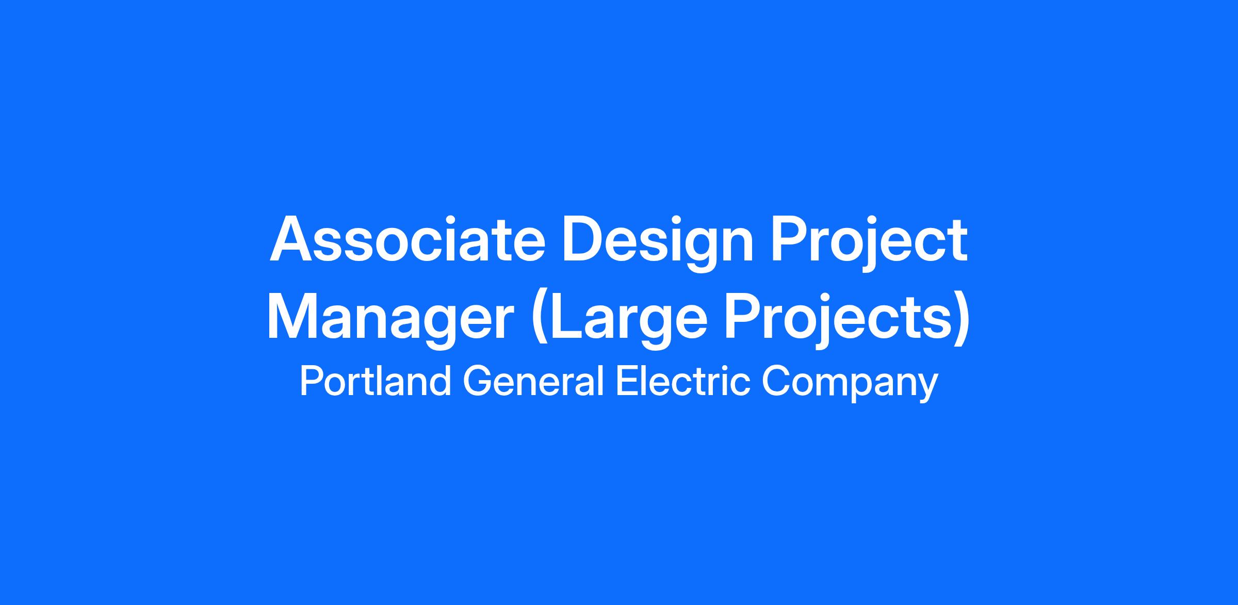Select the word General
point(534,382)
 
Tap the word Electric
point(683,382)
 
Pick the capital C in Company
point(776,381)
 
